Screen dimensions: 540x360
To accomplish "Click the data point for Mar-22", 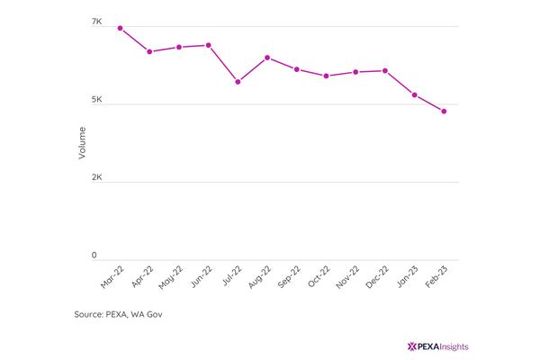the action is coord(121,28).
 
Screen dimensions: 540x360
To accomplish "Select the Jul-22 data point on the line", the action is coord(238,82).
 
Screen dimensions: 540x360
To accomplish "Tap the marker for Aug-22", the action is coord(267,58).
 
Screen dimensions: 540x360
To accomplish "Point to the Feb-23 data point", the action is coord(444,112).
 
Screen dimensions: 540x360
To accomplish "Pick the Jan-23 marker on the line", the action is coord(415,94).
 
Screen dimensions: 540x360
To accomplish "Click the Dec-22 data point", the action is coord(385,70).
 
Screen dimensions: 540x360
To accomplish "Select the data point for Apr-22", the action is coord(149,51).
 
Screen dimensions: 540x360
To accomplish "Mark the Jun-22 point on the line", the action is coord(209,45).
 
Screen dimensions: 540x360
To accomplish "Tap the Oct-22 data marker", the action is coord(326,76).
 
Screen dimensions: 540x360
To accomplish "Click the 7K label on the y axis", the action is coord(97,22).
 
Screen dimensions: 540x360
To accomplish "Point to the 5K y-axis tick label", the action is coord(97,100).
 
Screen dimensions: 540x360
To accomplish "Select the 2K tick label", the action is coord(97,177).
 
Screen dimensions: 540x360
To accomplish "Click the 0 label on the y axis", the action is coord(94,256).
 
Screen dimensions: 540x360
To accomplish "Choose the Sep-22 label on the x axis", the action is coord(289,276).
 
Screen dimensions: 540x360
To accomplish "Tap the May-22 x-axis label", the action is coord(170,277).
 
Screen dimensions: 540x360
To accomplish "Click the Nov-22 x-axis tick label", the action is coord(347,277).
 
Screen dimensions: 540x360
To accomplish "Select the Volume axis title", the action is coord(82,143).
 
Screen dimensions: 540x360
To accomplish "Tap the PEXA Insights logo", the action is coord(437,346).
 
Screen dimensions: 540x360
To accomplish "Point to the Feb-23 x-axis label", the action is coord(436,276).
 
